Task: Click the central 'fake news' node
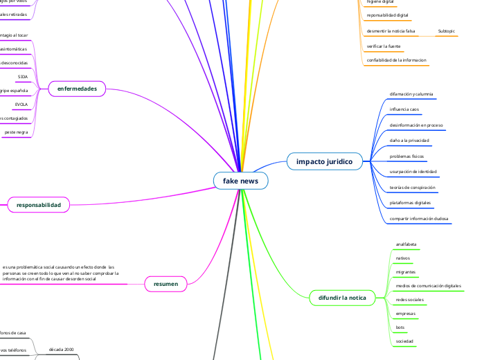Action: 240,181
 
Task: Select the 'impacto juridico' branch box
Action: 324,161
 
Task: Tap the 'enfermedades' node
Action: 77,89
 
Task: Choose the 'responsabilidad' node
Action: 39,205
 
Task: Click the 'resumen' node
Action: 166,284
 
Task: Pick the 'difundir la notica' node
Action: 342,298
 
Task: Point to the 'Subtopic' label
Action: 447,31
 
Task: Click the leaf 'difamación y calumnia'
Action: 411,93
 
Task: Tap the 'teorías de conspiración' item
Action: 412,187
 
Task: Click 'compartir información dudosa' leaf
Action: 419,218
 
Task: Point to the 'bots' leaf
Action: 400,327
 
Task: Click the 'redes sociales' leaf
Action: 409,299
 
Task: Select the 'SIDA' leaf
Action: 22,76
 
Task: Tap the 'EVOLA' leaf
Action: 22,104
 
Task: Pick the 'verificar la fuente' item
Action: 384,46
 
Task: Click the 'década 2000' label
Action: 61,350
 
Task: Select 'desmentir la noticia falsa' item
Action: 391,31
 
